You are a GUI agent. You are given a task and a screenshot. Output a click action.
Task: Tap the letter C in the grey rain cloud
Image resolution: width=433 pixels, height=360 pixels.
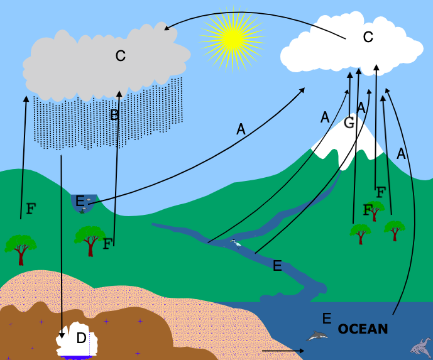[x=120, y=56]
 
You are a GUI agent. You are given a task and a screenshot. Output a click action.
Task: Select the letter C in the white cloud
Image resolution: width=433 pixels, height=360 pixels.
[x=368, y=37]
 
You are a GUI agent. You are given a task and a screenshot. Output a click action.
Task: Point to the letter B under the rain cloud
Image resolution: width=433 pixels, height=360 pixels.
[x=114, y=115]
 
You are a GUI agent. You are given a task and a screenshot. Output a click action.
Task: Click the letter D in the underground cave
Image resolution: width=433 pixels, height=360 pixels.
[x=81, y=339]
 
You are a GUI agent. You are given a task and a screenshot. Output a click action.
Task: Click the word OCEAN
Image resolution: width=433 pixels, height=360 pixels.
[x=363, y=329]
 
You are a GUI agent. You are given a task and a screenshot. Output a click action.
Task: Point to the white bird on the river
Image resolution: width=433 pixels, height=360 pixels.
[x=236, y=243]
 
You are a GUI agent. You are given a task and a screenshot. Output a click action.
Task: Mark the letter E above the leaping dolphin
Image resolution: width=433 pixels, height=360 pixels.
[x=326, y=318]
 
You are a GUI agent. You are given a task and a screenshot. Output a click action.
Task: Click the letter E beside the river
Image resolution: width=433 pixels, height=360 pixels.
[x=277, y=266]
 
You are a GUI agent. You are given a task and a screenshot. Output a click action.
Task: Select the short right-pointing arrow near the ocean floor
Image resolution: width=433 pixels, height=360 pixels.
[x=277, y=351]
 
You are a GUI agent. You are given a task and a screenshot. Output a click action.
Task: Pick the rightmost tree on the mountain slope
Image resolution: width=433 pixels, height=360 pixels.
[x=395, y=229]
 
